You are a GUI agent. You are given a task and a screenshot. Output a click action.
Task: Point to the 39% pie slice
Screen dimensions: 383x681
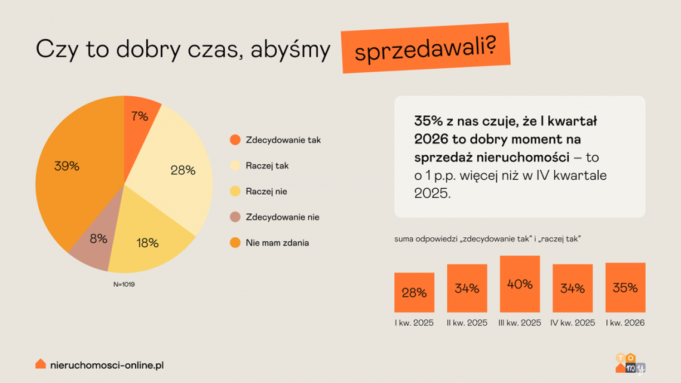coord(69,167)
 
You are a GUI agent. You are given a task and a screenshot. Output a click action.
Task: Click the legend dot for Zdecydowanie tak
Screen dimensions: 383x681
coord(235,140)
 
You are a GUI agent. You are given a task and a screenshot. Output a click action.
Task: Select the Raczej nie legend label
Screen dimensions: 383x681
coord(266,191)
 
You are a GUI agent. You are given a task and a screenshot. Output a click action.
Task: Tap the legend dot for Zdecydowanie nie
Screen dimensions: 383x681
coord(235,217)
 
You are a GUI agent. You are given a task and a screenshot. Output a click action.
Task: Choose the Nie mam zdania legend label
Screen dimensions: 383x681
coord(277,243)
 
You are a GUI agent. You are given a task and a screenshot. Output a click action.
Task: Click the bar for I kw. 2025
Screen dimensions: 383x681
coord(414,293)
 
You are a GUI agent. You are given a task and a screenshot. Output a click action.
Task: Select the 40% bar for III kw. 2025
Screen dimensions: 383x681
coord(520,284)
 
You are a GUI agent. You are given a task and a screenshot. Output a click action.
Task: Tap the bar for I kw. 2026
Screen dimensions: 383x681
coord(625,287)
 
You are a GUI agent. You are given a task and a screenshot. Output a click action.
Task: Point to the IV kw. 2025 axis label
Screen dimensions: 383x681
coord(572,323)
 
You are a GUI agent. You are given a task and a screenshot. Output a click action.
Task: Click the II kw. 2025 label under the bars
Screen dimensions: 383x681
coord(467,323)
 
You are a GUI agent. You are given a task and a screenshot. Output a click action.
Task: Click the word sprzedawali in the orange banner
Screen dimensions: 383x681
coord(425,49)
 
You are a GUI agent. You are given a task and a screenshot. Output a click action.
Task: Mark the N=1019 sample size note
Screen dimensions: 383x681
coord(124,284)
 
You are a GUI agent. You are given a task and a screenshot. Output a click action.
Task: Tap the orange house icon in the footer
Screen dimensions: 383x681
coord(41,363)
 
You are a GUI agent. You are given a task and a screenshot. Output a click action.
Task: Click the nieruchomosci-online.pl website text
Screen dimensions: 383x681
coord(108,364)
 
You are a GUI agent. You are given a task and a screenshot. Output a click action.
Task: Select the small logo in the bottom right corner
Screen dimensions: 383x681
coord(630,363)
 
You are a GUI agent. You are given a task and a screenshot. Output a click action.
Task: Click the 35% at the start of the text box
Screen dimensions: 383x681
coord(428,121)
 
